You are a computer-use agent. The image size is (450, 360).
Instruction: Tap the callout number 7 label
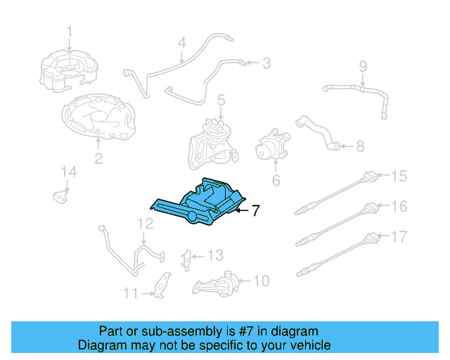point(256,210)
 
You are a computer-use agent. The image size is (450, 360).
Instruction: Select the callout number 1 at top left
point(70,30)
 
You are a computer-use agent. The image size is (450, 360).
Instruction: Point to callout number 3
point(266,64)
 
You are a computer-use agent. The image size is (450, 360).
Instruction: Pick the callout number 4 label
point(181,43)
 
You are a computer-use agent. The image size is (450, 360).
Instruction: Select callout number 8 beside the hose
point(360,146)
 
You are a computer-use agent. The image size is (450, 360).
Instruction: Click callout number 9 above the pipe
point(363,67)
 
